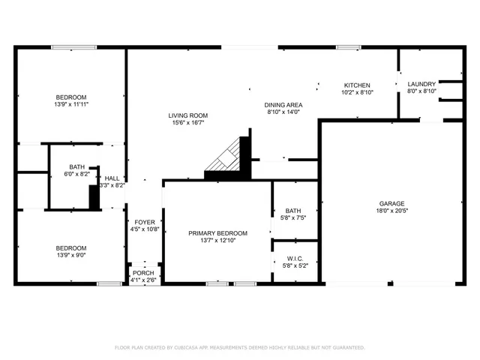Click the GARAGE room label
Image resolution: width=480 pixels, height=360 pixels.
(391, 203)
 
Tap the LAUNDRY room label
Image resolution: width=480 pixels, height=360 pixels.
(421, 84)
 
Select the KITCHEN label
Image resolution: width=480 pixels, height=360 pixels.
(357, 85)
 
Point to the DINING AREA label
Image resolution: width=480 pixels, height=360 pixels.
(283, 104)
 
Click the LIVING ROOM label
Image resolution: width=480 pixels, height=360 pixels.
(187, 115)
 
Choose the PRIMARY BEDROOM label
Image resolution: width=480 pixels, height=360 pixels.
(217, 233)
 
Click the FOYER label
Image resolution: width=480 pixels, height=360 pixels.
(145, 222)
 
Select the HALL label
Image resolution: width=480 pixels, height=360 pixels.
(112, 178)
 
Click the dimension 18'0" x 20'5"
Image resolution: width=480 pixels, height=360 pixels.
(391, 211)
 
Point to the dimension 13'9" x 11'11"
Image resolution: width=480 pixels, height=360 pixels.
(71, 105)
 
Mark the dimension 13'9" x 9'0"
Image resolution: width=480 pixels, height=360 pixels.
(71, 256)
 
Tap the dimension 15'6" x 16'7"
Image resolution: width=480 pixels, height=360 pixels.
(187, 122)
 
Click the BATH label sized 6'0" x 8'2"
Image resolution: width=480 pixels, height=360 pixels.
(76, 167)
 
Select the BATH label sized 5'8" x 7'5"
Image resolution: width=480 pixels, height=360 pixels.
(292, 211)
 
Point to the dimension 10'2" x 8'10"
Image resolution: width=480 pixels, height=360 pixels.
(357, 92)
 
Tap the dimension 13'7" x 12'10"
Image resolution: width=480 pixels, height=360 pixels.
(217, 241)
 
